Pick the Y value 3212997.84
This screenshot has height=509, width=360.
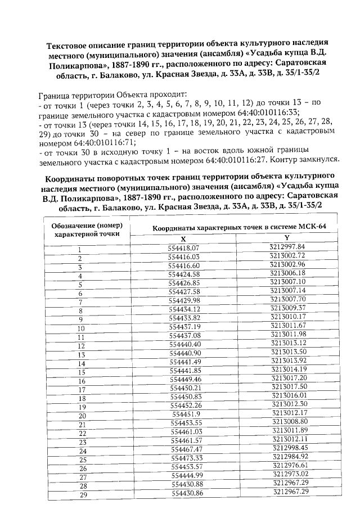[x=287, y=246]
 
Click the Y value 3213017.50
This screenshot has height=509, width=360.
[x=288, y=386]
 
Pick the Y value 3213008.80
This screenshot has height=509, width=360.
[x=289, y=421]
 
